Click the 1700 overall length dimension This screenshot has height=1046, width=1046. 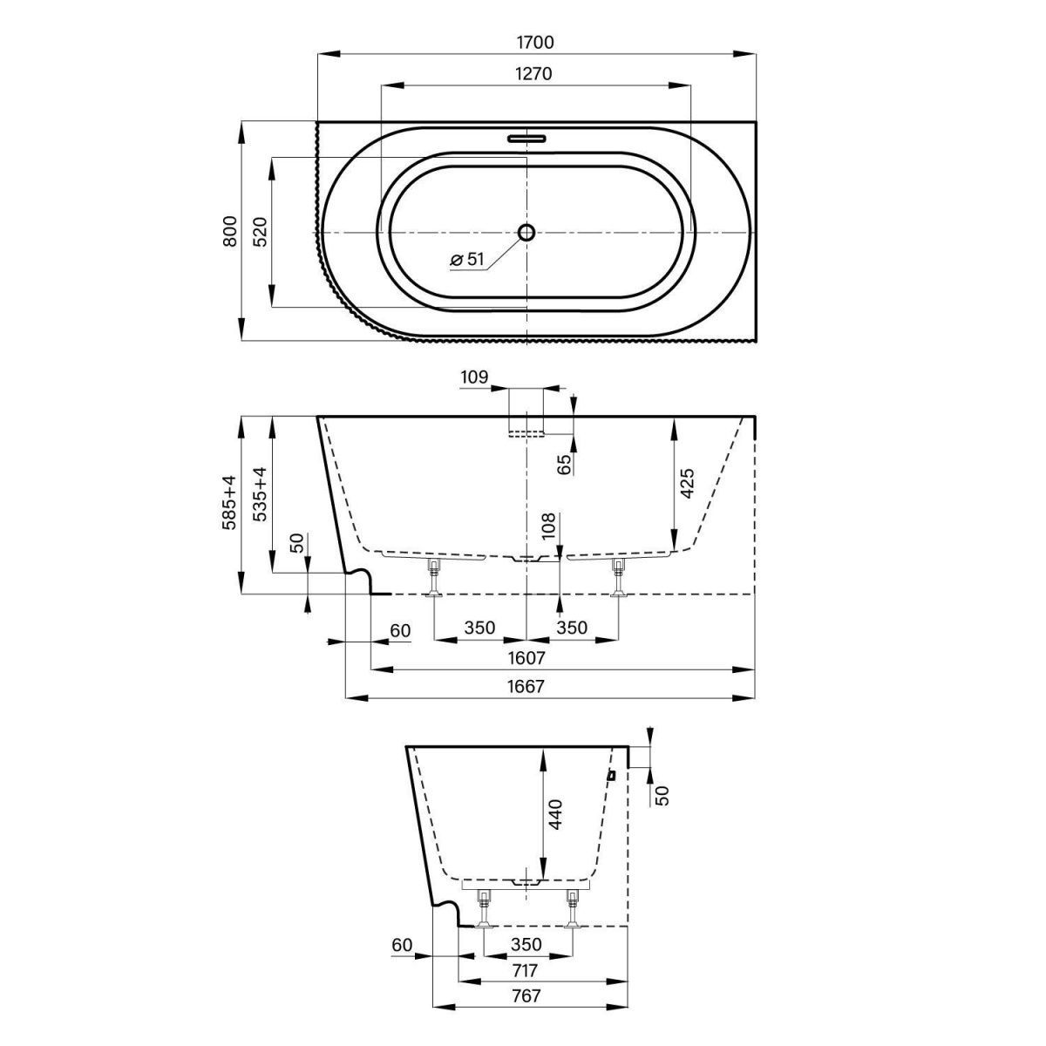(535, 41)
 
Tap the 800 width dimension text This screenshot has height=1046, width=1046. (230, 230)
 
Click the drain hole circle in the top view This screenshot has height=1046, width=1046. (526, 232)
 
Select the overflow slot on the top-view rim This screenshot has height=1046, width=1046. (526, 138)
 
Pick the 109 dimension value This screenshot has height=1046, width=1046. (473, 377)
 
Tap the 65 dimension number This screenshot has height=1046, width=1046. (564, 464)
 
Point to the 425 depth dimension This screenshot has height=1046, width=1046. (687, 484)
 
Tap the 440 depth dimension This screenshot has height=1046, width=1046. (556, 814)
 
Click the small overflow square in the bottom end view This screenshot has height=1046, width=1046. (611, 774)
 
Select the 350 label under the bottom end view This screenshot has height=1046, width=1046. (526, 944)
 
